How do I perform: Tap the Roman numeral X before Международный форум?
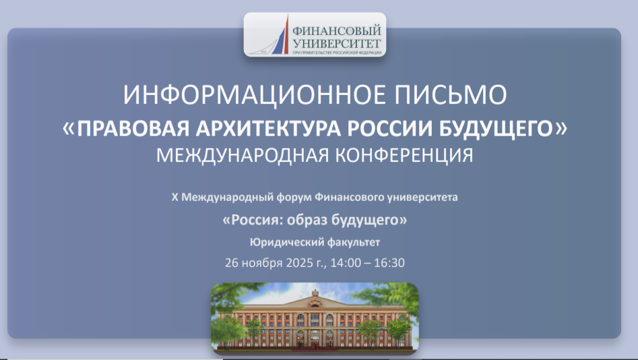point(175,198)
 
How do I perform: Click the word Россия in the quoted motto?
point(257,220)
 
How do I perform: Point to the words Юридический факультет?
point(315,241)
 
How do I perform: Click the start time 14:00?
point(345,262)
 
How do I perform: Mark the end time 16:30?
point(390,262)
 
